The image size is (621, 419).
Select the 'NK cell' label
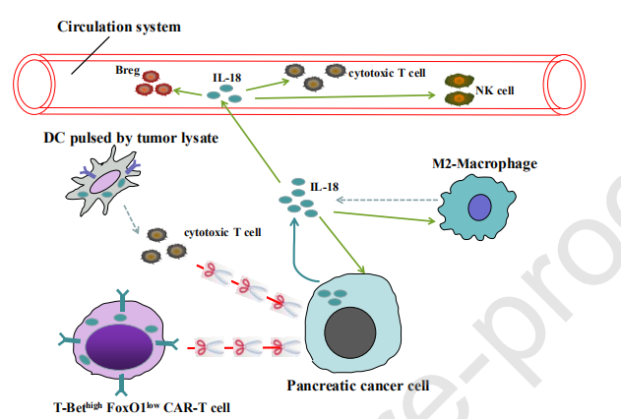[x=495, y=90]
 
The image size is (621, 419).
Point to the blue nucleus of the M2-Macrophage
[x=479, y=207]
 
